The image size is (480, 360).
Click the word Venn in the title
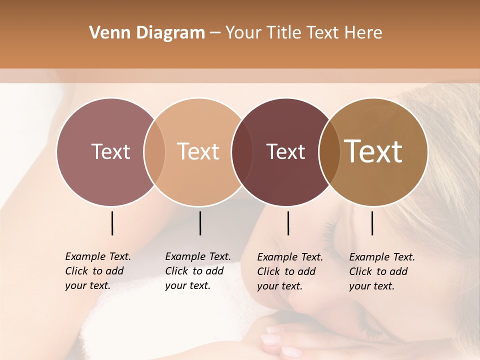(x=106, y=33)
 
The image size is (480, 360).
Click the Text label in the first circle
(x=110, y=151)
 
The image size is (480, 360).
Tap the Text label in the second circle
(x=198, y=151)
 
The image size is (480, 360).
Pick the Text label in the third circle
(x=286, y=151)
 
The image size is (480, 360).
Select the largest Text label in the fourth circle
(x=373, y=151)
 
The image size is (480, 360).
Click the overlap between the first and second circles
(x=154, y=151)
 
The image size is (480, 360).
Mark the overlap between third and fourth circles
(x=329, y=151)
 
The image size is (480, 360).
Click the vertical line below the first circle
(x=112, y=223)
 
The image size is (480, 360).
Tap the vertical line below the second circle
(x=200, y=223)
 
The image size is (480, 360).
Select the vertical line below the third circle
(x=288, y=223)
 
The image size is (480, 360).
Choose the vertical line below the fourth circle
(x=372, y=223)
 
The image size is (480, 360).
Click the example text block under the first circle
(x=98, y=271)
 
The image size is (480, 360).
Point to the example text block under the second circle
(x=198, y=271)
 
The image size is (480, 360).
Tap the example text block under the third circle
(x=290, y=271)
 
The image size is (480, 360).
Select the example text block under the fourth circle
(x=382, y=271)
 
